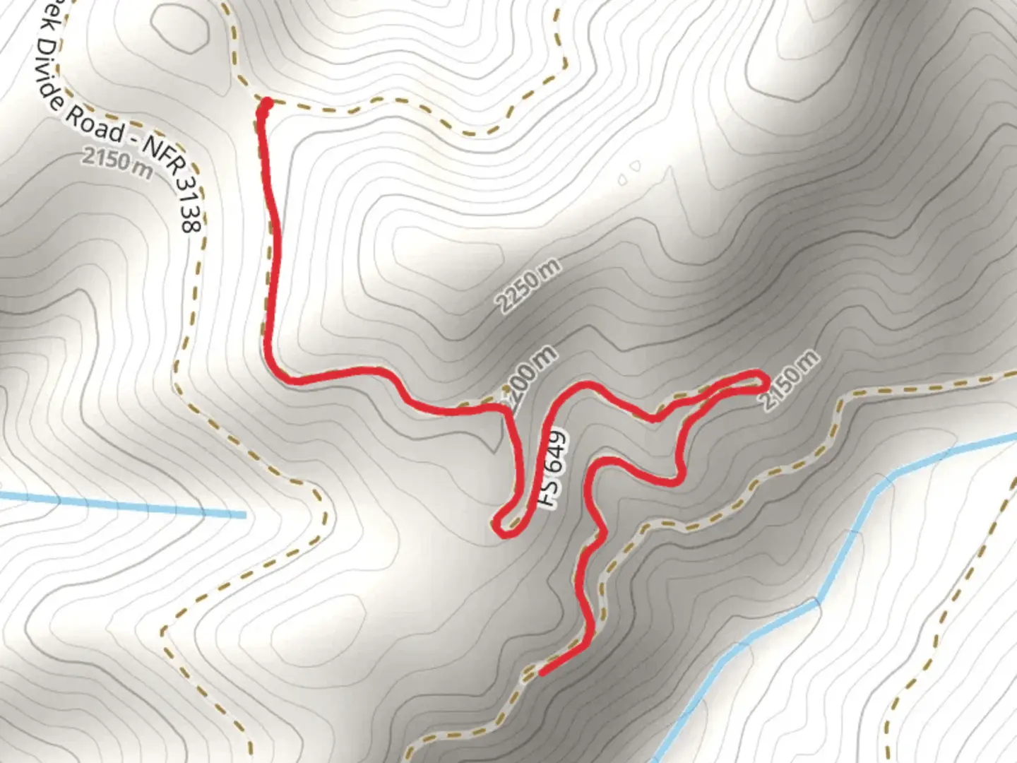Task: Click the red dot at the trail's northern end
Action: [266, 105]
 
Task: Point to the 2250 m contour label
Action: [528, 285]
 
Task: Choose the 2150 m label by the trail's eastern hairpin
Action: [790, 380]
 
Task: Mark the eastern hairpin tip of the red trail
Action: [766, 381]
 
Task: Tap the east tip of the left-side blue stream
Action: [244, 515]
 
